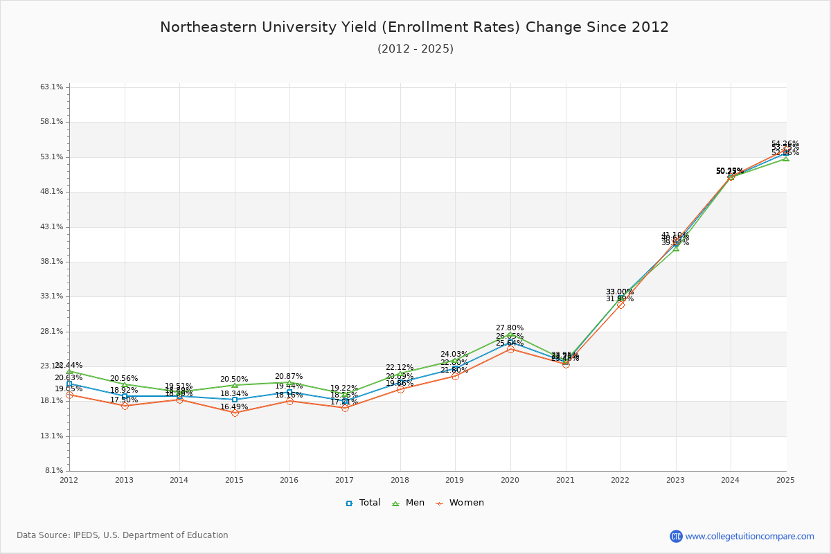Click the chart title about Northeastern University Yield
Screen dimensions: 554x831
[x=414, y=28]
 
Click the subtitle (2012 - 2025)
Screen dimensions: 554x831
[x=415, y=49]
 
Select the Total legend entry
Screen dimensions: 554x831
[x=364, y=503]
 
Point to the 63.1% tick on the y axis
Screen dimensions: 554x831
[x=53, y=87]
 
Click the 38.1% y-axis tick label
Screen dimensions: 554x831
[x=53, y=262]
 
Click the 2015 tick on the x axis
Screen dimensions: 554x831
[x=234, y=479]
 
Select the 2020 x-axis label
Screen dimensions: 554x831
[x=510, y=479]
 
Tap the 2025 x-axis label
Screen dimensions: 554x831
[x=785, y=479]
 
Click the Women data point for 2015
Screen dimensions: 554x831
[x=235, y=413]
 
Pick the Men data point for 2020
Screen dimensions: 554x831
[x=510, y=334]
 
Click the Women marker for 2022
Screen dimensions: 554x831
[x=620, y=305]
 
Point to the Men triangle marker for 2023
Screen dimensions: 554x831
[x=676, y=248]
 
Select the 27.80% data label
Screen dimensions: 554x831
[x=510, y=328]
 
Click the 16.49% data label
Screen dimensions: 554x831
[x=234, y=407]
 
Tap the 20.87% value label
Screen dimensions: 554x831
[x=289, y=377]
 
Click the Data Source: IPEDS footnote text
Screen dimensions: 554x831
[x=123, y=535]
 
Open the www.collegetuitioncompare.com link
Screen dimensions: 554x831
[x=749, y=536]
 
